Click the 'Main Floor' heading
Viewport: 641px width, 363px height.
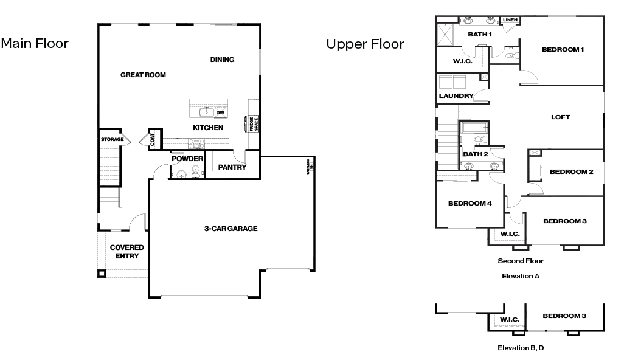click(35, 44)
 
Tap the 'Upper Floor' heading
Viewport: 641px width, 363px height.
click(365, 44)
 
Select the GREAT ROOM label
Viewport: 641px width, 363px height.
click(143, 75)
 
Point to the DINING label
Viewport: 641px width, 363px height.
click(222, 60)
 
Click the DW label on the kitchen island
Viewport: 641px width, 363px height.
click(220, 112)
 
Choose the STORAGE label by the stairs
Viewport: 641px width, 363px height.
click(113, 140)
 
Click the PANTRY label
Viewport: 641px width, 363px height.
click(232, 167)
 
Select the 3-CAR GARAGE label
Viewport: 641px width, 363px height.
click(230, 229)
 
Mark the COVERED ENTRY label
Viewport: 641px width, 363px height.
click(126, 252)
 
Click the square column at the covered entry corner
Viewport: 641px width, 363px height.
click(101, 273)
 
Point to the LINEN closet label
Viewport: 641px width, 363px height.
click(510, 21)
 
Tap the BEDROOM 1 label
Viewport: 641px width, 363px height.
click(563, 50)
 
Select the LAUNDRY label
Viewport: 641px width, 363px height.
click(456, 96)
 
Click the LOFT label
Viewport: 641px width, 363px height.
click(560, 117)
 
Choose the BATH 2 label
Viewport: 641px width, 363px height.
click(476, 154)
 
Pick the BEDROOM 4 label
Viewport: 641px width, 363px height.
click(469, 204)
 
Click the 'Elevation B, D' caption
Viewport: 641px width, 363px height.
click(520, 348)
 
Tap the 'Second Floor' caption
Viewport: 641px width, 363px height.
click(521, 261)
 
